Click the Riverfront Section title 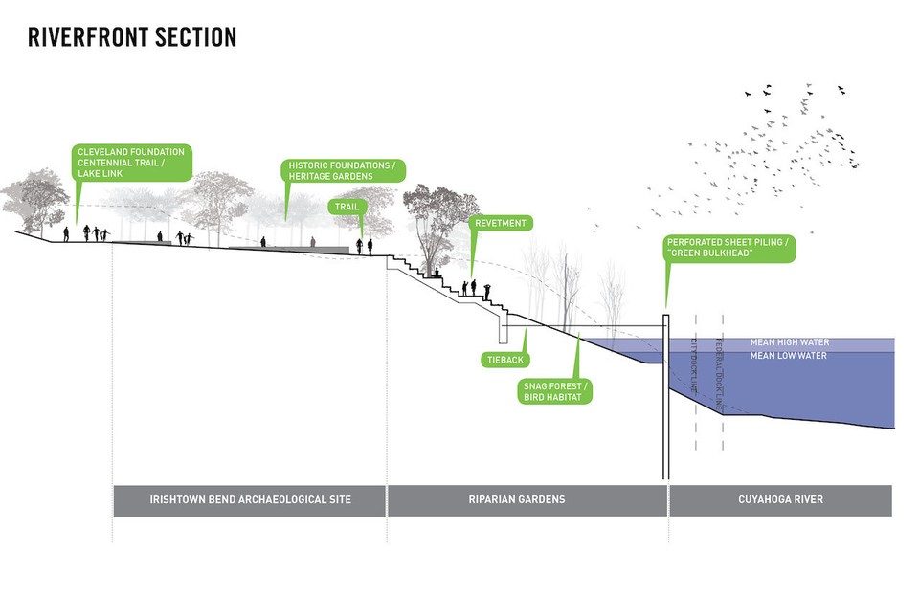pos(132,37)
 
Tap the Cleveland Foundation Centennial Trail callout pos(131,164)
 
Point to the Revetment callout pos(500,223)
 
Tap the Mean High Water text pos(790,342)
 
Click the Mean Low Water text pos(789,356)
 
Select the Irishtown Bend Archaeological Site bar pos(250,500)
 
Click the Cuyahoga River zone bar pos(780,500)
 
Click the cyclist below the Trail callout pos(360,246)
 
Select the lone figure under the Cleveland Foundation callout pos(66,233)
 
